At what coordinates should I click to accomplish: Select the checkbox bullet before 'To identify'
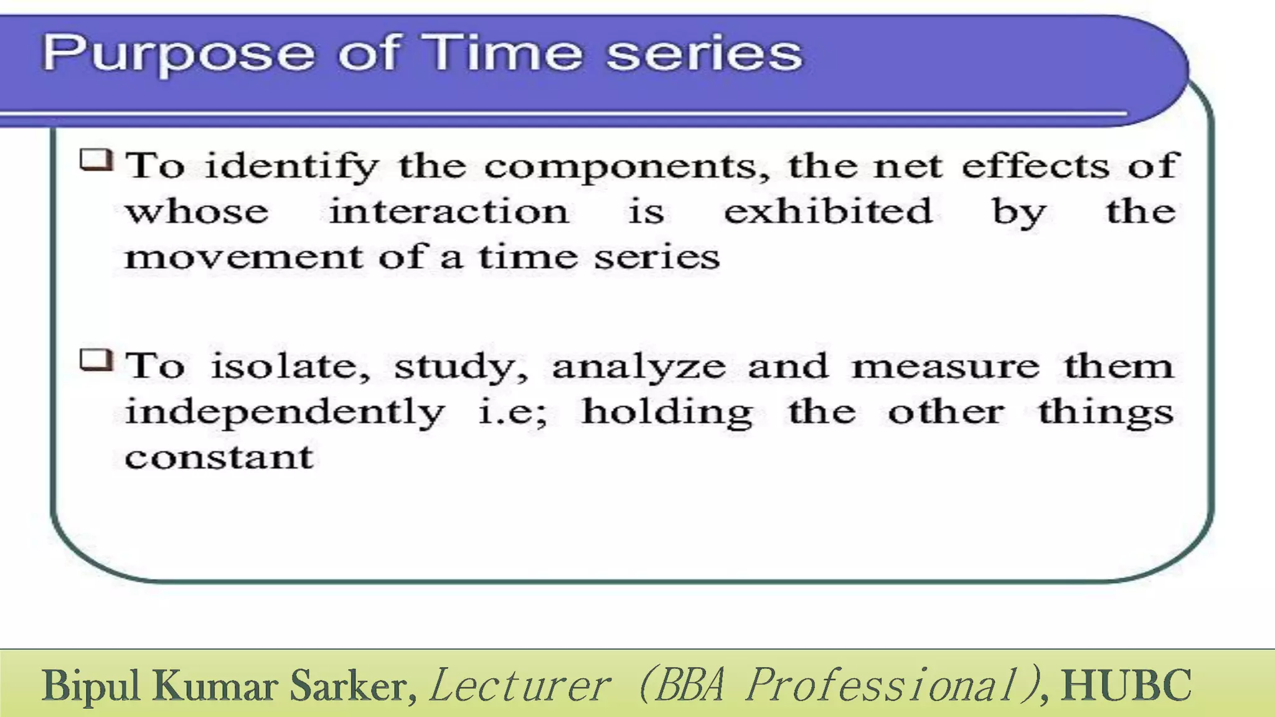[x=96, y=160]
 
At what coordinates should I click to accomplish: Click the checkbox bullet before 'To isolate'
[x=96, y=360]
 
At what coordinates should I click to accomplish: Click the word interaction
[x=449, y=212]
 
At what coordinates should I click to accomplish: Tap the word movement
[x=243, y=256]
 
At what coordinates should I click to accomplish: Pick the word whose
[x=197, y=212]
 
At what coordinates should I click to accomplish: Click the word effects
[x=1035, y=166]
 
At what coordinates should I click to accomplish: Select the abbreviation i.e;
[x=513, y=412]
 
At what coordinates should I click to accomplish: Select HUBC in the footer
[x=1127, y=685]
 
